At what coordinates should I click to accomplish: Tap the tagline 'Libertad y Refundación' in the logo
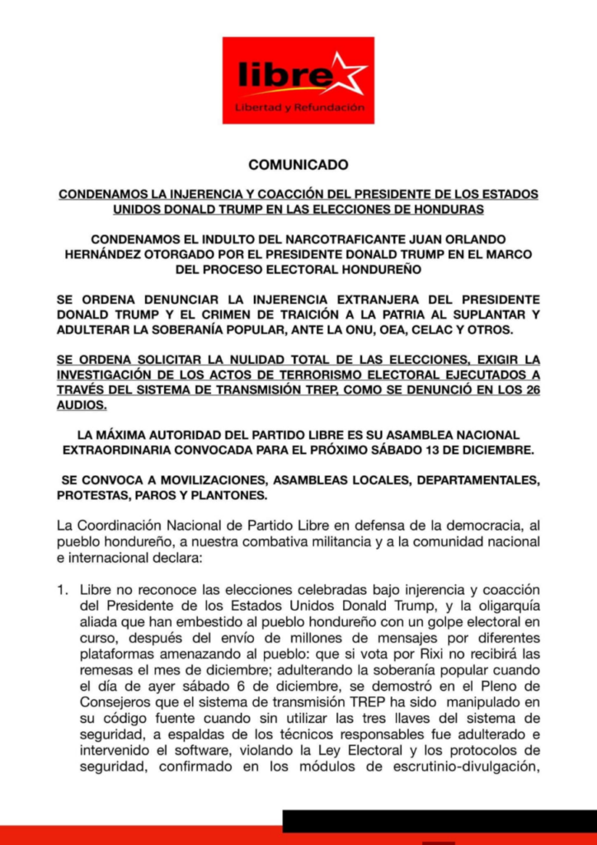(299, 108)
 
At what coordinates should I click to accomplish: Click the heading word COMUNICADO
(298, 165)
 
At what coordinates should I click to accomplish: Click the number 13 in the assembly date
(429, 451)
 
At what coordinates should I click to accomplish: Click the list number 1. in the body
(63, 591)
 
